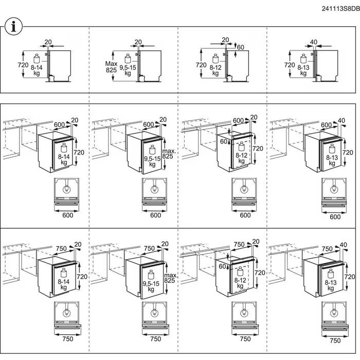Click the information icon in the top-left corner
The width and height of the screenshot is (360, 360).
(13, 27)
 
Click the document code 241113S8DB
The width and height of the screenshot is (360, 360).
(340, 9)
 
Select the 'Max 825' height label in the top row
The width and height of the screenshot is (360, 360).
(112, 67)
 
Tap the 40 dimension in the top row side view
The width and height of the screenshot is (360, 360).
(313, 42)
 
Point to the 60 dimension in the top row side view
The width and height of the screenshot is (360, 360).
(240, 47)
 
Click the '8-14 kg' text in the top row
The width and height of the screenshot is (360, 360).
(37, 70)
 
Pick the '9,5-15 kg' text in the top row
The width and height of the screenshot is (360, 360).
(128, 70)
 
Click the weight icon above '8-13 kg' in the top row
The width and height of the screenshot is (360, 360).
(303, 59)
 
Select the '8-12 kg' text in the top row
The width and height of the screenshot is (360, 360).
(215, 70)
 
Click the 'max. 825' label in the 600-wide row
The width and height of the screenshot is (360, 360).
(169, 154)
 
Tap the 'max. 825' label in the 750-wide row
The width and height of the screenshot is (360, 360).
(170, 278)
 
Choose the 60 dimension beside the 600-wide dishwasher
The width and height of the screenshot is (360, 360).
(223, 141)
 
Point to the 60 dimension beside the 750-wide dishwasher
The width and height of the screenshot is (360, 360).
(222, 266)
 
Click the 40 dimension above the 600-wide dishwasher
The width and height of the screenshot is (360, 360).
(341, 120)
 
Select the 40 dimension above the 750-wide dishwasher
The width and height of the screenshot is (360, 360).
(343, 245)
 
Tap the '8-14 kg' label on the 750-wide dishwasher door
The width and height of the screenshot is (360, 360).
(64, 284)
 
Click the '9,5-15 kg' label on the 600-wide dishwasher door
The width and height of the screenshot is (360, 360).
(152, 161)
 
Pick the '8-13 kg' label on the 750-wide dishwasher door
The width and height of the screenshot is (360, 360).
(331, 285)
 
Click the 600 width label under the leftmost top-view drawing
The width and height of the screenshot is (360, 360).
(68, 215)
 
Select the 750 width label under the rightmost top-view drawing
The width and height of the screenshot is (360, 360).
(335, 340)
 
